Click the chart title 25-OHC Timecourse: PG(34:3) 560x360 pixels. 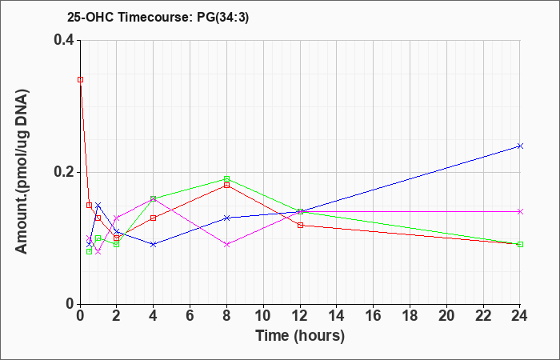coord(158,17)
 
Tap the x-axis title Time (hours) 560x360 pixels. coord(300,336)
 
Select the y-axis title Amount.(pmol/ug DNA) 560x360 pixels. coord(22,172)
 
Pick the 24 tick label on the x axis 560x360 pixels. coord(520,315)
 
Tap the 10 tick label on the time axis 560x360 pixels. coord(263,315)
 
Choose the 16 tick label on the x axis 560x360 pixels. coord(374,315)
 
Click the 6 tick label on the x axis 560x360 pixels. coord(190,315)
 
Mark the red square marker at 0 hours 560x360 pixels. coord(80,80)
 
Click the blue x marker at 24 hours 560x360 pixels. coord(520,146)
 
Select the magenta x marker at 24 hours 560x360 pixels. coord(520,211)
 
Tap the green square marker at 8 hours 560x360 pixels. coord(226,178)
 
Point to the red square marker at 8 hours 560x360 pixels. coord(226,185)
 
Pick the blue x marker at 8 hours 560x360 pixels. coord(226,218)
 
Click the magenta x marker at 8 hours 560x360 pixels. coord(226,244)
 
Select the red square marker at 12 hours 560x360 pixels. coord(300,225)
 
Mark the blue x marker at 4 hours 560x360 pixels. coord(154,244)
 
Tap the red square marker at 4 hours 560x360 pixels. coord(154,218)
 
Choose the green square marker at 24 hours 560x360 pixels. coord(520,244)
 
